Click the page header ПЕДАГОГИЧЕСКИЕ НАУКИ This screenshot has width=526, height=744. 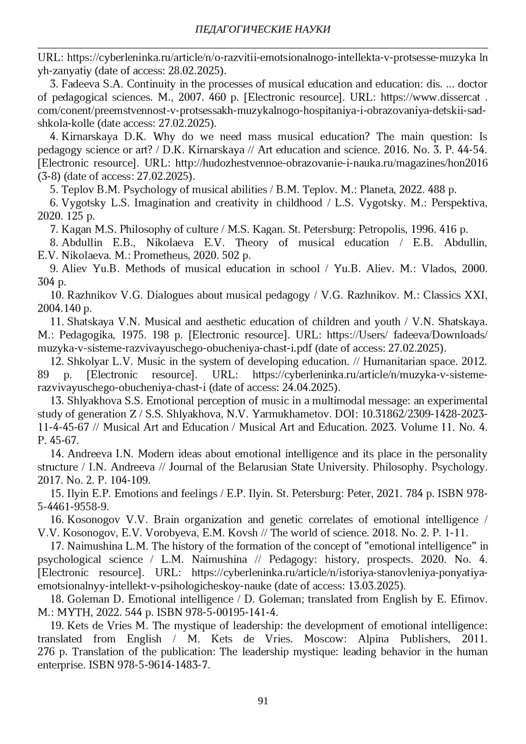click(x=263, y=29)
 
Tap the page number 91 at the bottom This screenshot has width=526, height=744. click(x=263, y=701)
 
